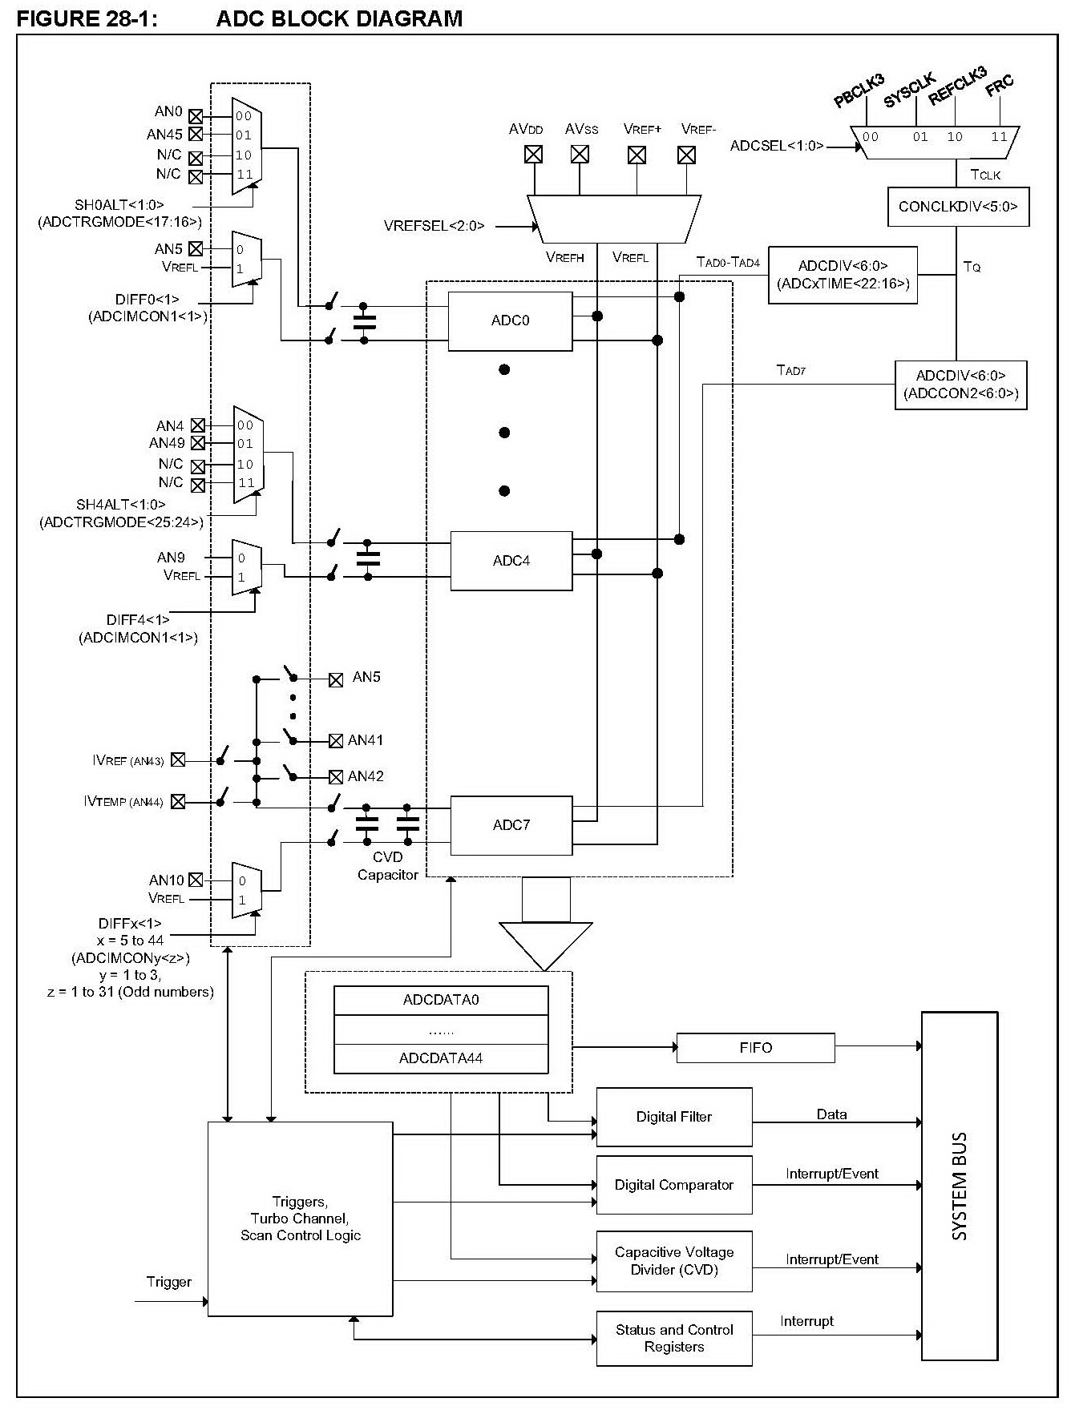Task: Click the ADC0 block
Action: [x=510, y=321]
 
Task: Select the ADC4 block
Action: [x=511, y=561]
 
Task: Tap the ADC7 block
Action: [x=511, y=825]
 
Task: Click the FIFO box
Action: [x=755, y=1048]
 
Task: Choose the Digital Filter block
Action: [x=674, y=1117]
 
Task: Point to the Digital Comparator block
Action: [x=674, y=1185]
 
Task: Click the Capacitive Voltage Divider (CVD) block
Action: [x=674, y=1261]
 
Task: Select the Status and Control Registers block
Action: [x=674, y=1338]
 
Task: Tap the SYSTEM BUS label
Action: [x=960, y=1186]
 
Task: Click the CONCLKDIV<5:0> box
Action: [x=958, y=207]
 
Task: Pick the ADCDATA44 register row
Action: [x=441, y=1058]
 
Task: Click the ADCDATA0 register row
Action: [x=441, y=1000]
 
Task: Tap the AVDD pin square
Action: [x=533, y=154]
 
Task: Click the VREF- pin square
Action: [x=686, y=155]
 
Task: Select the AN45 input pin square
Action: [x=196, y=135]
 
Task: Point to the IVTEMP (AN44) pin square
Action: [x=178, y=801]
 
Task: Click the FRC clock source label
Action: [x=1000, y=85]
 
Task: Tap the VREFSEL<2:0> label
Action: [x=434, y=226]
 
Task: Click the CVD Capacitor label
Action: [x=388, y=866]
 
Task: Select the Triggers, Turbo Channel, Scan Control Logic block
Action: [x=301, y=1219]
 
